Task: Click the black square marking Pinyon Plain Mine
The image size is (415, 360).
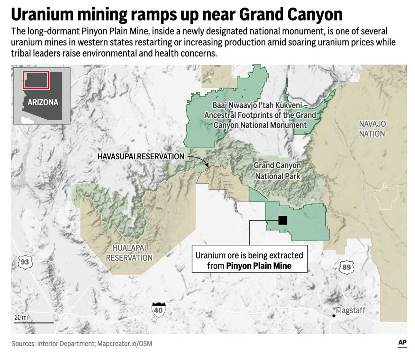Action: click(283, 220)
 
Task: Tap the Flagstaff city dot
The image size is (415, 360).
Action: click(334, 316)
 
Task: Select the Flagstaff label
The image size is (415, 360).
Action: click(350, 310)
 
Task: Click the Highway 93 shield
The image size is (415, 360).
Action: click(25, 262)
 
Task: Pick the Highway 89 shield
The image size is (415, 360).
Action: click(346, 267)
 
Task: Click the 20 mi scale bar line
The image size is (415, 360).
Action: click(34, 323)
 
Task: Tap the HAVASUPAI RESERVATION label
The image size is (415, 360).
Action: click(141, 156)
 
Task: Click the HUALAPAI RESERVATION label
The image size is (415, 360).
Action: click(129, 253)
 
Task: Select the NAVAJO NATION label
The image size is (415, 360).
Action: click(372, 129)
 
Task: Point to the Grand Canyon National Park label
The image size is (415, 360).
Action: click(278, 171)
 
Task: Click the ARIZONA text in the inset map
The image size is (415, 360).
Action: click(43, 102)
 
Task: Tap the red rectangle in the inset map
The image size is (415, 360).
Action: click(36, 80)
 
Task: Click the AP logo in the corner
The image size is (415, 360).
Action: click(402, 343)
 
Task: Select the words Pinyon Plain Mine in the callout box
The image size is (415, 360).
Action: click(259, 266)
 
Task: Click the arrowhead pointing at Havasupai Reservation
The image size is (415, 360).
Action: click(207, 166)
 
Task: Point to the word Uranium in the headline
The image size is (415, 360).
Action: click(42, 15)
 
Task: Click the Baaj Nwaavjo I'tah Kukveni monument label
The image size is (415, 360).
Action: click(260, 115)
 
